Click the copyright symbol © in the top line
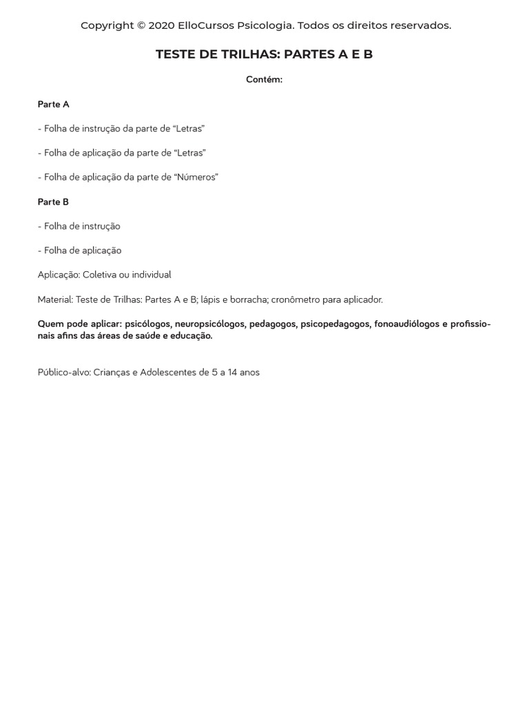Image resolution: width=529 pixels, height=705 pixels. [141, 25]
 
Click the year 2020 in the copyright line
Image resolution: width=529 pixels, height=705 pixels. [162, 25]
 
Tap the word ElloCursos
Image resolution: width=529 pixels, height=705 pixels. [206, 25]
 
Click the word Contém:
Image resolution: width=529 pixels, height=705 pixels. [264, 80]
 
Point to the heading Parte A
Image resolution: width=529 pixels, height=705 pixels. [54, 105]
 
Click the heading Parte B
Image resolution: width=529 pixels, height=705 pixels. [54, 202]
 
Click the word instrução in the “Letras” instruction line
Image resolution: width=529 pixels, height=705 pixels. [103, 129]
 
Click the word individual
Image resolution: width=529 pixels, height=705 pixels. [151, 275]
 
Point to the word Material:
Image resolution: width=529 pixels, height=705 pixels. [55, 299]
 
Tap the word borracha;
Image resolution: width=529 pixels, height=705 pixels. [247, 299]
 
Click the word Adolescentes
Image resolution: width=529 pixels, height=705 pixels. [168, 372]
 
